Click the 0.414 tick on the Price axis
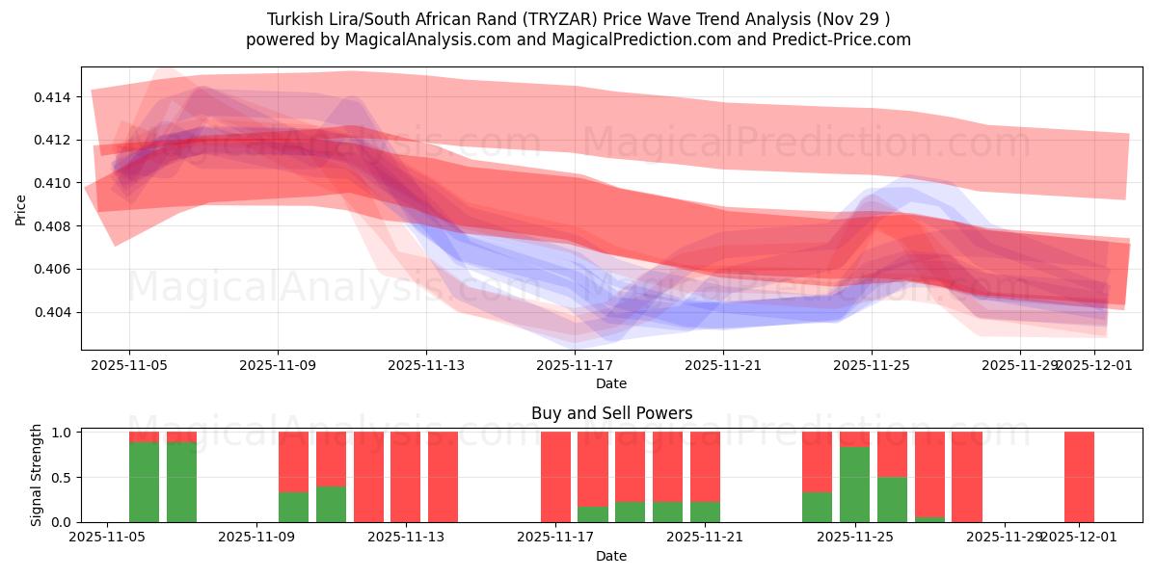point(55,97)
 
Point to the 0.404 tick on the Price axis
point(55,312)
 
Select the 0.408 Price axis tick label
point(55,226)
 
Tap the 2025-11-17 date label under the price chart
point(575,366)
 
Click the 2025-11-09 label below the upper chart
point(278,366)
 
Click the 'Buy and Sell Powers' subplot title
point(611,413)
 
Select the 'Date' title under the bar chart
point(611,556)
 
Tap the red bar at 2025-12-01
point(1079,477)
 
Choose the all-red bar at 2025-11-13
point(406,477)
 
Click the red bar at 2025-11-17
point(555,477)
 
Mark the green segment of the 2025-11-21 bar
point(705,512)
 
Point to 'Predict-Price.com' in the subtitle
point(846,39)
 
